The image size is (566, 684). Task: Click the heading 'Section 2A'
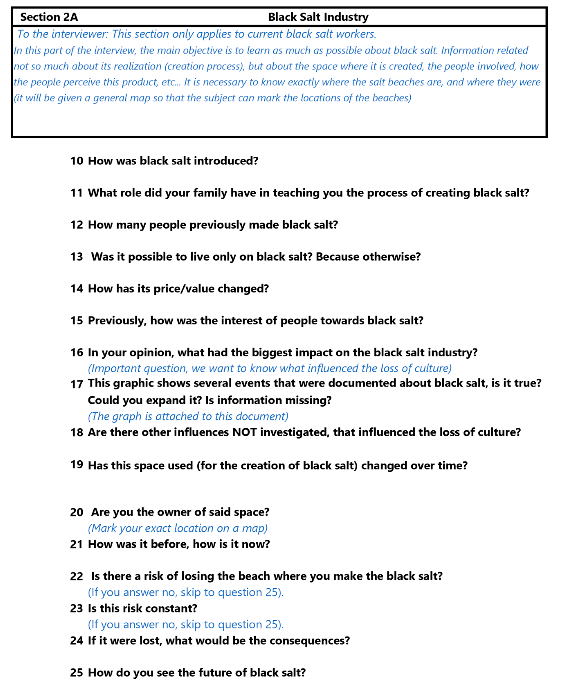pos(49,17)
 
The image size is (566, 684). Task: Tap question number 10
pos(77,161)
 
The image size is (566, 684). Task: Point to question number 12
pos(77,225)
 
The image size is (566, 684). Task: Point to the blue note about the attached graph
pos(188,416)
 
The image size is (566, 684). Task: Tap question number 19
pos(77,465)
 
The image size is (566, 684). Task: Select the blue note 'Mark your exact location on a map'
pos(178,528)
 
